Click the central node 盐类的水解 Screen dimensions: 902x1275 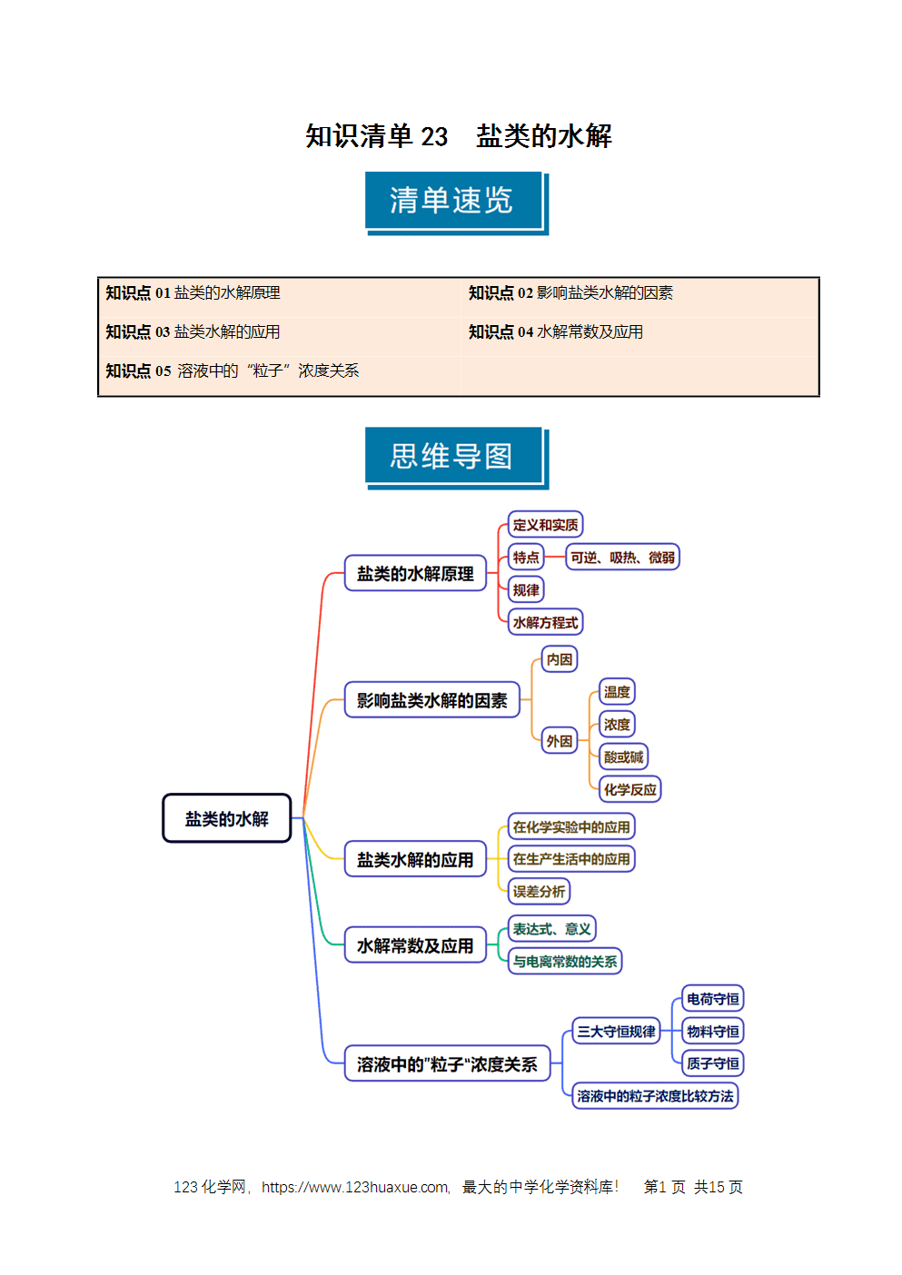coord(227,818)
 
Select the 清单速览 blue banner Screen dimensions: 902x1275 coord(457,203)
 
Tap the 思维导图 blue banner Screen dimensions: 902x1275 coord(457,459)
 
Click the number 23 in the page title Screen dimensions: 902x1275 coord(434,136)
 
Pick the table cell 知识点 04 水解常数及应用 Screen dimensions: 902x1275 coord(639,331)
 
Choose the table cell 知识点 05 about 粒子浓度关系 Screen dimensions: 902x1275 coord(280,371)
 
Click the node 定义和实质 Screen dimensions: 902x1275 coord(545,524)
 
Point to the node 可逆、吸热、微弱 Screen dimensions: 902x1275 coord(622,557)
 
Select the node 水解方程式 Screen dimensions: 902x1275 coord(545,622)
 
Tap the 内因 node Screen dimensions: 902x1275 coord(560,659)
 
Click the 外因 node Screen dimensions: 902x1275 coord(560,740)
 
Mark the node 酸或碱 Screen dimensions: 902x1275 coord(623,757)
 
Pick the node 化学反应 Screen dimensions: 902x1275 coord(629,789)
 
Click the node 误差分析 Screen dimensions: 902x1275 coord(539,892)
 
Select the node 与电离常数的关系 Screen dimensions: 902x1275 coord(565,962)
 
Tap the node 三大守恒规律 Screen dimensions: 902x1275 coord(616,1032)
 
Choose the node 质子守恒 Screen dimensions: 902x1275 coord(712,1063)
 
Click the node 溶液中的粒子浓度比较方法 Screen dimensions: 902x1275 coord(655,1096)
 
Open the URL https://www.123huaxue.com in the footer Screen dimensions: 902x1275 coord(354,1187)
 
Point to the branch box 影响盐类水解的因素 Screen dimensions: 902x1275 coord(432,700)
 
